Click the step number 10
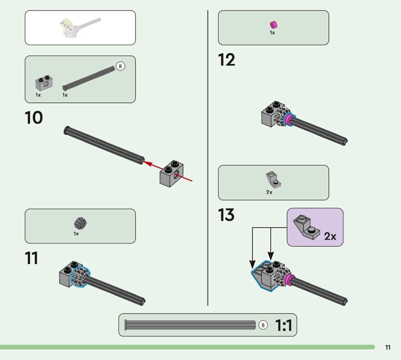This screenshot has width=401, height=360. [x=34, y=118]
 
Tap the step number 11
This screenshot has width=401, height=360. [x=32, y=258]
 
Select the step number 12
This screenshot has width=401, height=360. [x=227, y=60]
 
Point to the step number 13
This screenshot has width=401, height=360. [x=227, y=215]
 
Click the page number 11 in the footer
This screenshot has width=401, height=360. [x=387, y=347]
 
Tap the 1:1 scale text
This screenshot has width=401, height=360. [x=284, y=325]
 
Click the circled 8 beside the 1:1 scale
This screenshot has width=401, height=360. [x=263, y=325]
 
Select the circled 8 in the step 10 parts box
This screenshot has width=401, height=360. [x=120, y=66]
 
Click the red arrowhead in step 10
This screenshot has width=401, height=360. [x=146, y=163]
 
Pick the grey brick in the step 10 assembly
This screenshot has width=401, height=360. [x=171, y=173]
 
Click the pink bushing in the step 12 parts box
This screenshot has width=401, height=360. [x=273, y=25]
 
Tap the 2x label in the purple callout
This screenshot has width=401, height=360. [x=330, y=236]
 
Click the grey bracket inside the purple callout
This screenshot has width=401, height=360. [x=306, y=226]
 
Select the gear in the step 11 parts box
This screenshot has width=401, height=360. [x=80, y=224]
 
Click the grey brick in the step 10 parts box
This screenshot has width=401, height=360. [x=44, y=83]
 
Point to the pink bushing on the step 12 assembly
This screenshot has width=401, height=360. [x=289, y=120]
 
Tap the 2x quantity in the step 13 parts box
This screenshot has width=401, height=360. [x=269, y=192]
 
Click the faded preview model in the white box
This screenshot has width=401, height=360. [x=79, y=27]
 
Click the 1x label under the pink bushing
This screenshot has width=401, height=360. [x=272, y=33]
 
